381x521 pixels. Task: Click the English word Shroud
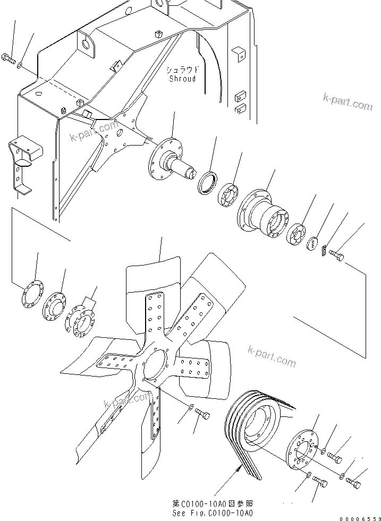point(182,79)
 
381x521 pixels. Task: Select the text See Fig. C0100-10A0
point(212,513)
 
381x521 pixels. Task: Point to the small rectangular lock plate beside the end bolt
point(324,248)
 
